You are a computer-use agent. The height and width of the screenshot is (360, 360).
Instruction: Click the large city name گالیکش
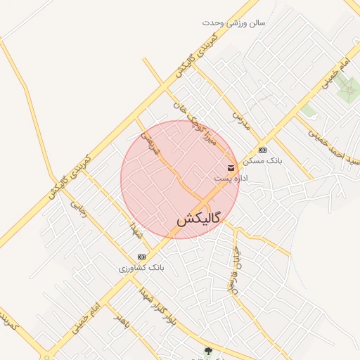tap(198, 219)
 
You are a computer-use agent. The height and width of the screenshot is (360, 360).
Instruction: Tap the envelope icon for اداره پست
tap(231, 167)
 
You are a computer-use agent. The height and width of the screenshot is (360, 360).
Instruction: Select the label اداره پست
tap(231, 179)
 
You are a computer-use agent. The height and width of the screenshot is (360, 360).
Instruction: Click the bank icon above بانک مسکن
tap(262, 150)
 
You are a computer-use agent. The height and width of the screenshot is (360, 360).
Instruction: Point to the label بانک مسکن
tap(262, 161)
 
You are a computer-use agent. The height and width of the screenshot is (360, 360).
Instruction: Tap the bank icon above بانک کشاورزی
tap(141, 257)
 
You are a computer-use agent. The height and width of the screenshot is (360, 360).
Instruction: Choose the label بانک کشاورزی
tap(141, 269)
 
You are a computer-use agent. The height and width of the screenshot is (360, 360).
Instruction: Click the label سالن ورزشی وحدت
tap(234, 22)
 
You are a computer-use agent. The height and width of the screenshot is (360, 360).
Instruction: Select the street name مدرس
tap(240, 120)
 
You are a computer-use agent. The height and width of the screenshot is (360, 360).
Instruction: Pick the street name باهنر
tap(124, 321)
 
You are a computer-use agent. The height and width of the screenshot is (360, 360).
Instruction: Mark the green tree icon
tap(207, 352)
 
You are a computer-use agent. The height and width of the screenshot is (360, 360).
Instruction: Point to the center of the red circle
tap(180, 179)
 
